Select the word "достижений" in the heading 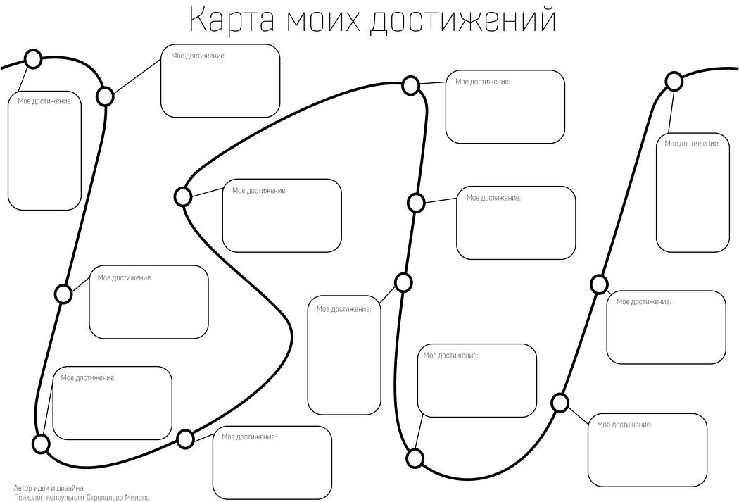coord(463,20)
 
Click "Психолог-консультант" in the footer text coord(49,497)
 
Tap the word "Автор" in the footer coord(23,487)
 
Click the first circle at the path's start coord(33,59)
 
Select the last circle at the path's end coord(674,82)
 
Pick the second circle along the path coord(105,96)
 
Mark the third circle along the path coord(63,294)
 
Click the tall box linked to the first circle coord(44,151)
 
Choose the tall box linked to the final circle coord(693,192)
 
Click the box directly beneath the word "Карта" coord(220,81)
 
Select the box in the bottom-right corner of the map coord(647,450)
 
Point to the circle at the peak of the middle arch coord(411,86)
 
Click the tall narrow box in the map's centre coord(344,355)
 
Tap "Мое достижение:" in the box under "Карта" coord(198,56)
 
